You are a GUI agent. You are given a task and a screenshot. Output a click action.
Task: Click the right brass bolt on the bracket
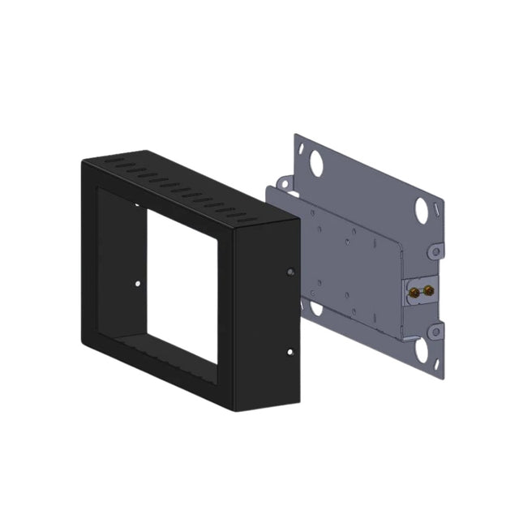[427, 289]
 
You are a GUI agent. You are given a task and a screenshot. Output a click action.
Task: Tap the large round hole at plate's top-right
[424, 210]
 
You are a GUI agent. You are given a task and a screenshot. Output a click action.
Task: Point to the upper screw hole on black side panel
[291, 272]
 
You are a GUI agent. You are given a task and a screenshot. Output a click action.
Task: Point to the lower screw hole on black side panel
[291, 351]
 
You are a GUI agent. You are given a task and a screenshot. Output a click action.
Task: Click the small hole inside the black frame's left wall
[138, 284]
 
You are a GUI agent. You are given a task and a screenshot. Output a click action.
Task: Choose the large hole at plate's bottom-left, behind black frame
[311, 307]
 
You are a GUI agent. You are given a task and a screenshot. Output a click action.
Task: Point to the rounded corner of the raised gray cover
[397, 247]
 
